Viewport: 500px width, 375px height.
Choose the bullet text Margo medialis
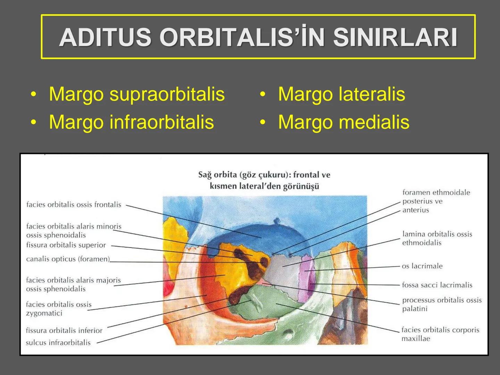[x=343, y=122]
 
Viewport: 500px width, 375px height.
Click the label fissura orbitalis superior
[x=66, y=245]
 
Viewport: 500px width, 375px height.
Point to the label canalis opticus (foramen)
[x=68, y=259]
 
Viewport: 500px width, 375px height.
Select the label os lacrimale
[x=422, y=266]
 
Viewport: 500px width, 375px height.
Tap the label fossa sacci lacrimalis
[x=437, y=285]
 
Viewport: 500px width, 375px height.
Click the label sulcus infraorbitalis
[x=58, y=343]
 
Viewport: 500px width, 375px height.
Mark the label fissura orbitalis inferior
[x=64, y=331]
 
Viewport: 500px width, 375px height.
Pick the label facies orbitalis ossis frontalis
[x=74, y=205]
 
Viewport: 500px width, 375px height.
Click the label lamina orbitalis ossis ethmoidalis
[x=437, y=238]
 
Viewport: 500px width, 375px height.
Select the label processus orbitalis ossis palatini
[x=442, y=304]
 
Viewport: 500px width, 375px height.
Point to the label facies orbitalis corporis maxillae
[x=440, y=334]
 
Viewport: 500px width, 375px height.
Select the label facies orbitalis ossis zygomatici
[x=58, y=309]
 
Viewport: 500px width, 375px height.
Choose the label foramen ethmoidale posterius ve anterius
[x=436, y=201]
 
